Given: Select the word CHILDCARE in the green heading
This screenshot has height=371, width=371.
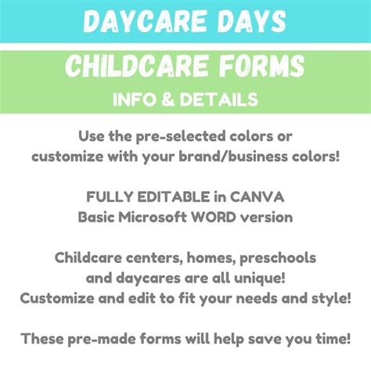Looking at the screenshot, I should pos(140,68).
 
